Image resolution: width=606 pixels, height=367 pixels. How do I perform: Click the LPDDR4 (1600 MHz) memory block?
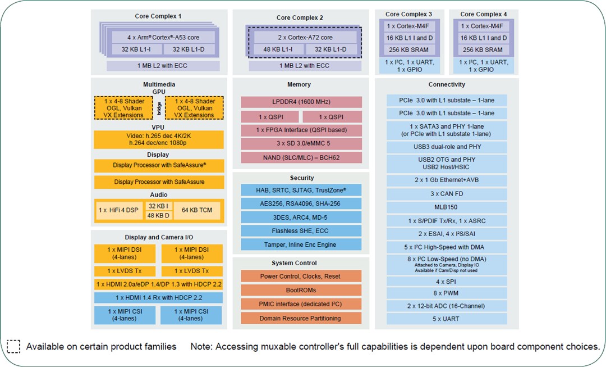tap(301, 102)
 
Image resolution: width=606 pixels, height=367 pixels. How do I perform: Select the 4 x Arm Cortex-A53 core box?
tap(163, 37)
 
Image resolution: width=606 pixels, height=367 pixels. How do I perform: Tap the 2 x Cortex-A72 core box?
tap(305, 37)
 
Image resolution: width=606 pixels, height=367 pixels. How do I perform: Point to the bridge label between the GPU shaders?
tap(159, 108)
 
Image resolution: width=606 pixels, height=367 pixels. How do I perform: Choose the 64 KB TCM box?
tap(197, 210)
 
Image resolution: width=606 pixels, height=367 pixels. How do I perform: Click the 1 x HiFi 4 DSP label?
tap(118, 210)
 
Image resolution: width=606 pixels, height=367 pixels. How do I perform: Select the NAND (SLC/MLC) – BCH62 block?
tap(301, 157)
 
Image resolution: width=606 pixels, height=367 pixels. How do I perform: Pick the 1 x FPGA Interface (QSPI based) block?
tap(301, 130)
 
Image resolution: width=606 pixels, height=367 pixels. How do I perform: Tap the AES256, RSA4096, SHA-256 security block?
tap(301, 203)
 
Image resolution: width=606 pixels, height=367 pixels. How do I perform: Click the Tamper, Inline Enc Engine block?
tap(301, 244)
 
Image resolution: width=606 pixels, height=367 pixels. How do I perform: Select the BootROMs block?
tap(301, 290)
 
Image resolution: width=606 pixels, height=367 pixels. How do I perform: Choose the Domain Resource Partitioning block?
tap(301, 318)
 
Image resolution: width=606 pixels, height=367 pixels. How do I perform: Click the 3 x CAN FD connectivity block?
tap(447, 193)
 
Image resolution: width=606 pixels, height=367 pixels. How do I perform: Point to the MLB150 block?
tap(447, 206)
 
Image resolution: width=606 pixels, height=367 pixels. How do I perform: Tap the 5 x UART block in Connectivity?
tap(447, 319)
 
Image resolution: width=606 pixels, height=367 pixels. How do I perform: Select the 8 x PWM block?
tap(447, 293)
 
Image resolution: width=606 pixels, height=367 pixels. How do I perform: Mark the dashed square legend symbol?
tap(13, 346)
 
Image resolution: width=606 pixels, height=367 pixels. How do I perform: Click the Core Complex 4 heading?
tap(483, 14)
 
